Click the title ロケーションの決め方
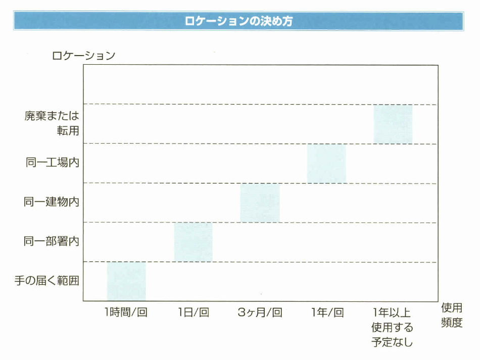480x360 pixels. point(239,22)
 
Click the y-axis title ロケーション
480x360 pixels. point(84,56)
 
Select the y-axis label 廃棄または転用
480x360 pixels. point(52,123)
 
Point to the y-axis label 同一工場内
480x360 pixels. point(52,163)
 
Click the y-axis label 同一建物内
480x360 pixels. point(52,202)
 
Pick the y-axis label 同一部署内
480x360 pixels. point(52,242)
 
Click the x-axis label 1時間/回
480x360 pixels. point(126,312)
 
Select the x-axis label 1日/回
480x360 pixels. point(193,312)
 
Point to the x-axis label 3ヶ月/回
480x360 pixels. point(260,312)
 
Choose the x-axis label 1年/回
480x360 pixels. point(327,312)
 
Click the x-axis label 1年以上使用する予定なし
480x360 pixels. point(393,327)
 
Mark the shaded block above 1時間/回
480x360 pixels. point(126,282)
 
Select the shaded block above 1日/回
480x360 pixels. point(193,242)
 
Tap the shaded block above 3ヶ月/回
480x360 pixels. point(260,203)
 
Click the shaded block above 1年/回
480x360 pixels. point(326,163)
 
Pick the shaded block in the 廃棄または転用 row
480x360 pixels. point(393,124)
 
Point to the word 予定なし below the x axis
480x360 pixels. point(393,342)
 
